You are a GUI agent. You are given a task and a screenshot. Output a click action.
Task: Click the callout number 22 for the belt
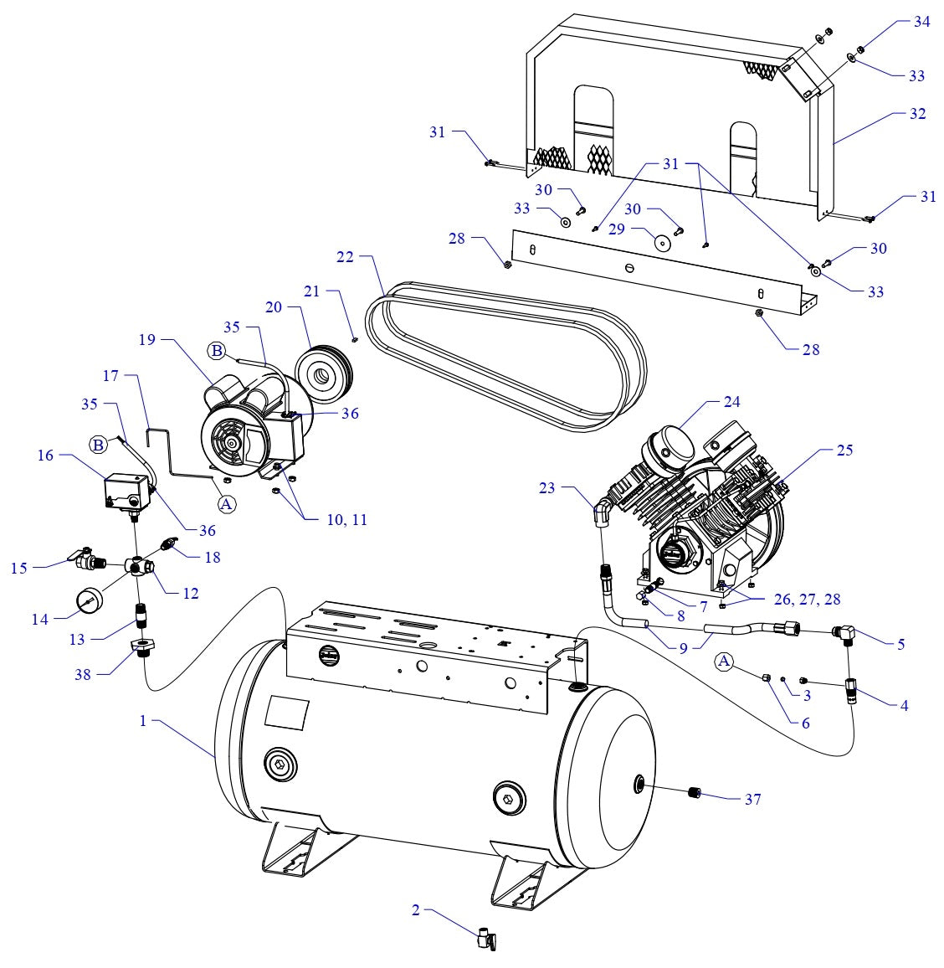coord(345,257)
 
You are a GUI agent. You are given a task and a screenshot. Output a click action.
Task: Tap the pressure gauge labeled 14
coord(90,602)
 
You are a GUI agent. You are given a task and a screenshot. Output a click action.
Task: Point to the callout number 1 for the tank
coord(143,721)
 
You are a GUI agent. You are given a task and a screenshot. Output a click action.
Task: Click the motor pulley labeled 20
coord(322,368)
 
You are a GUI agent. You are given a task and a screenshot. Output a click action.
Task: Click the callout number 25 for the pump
coord(844,451)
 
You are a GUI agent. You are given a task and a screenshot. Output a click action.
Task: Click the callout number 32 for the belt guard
coord(917,113)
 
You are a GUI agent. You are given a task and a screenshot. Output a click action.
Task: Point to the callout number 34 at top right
coord(921,22)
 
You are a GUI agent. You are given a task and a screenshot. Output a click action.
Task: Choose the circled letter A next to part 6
coord(726,662)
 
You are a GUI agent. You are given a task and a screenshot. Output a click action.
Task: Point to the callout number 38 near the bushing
coord(82,674)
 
